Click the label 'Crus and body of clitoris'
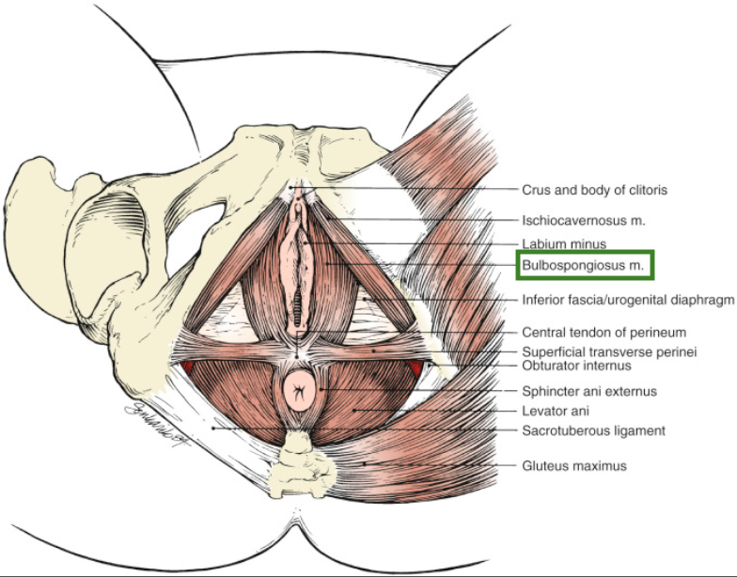(x=594, y=190)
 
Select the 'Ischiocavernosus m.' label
(x=583, y=221)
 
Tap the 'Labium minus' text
(x=565, y=244)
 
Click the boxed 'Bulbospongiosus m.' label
(x=583, y=266)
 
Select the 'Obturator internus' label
(x=576, y=366)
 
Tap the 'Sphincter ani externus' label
(x=588, y=391)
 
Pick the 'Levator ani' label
(x=556, y=411)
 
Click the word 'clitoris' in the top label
(x=646, y=190)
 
